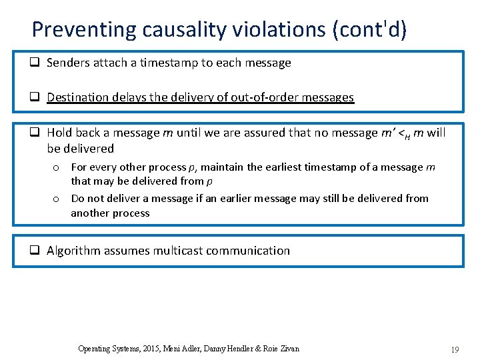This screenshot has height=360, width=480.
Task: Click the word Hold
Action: click(x=59, y=133)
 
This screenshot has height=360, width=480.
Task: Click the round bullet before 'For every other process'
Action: click(x=57, y=167)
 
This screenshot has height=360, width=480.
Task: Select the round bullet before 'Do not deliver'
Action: click(x=57, y=199)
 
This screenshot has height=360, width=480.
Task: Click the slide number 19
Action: click(x=455, y=349)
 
